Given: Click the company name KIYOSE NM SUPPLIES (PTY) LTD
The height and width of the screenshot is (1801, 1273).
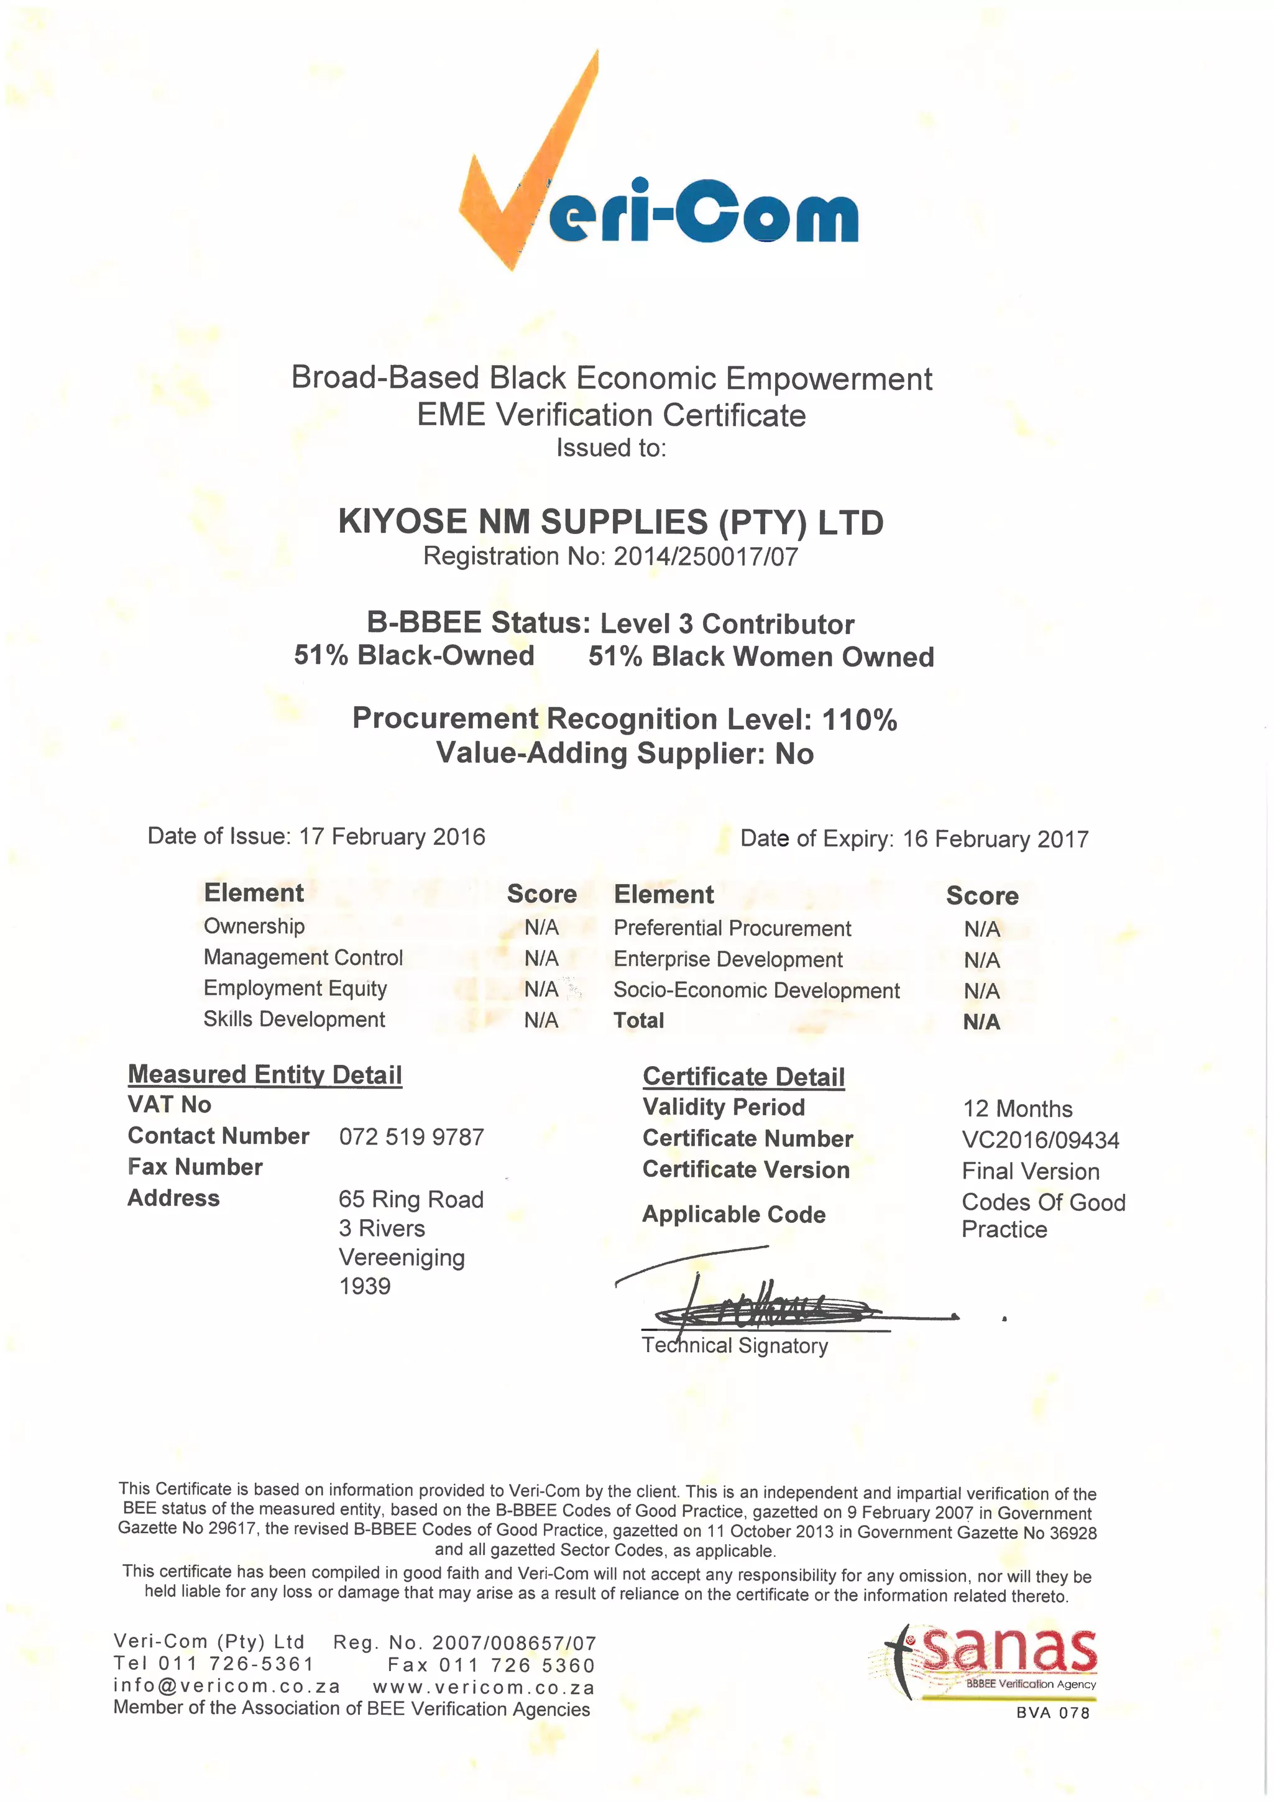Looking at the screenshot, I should point(610,522).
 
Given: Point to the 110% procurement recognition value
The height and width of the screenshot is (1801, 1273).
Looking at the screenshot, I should point(860,719).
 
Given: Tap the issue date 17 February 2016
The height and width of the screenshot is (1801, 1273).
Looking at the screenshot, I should point(392,836).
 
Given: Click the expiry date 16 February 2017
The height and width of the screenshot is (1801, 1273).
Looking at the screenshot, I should point(995,839).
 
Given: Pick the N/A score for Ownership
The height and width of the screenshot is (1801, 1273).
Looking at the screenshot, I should point(541,927).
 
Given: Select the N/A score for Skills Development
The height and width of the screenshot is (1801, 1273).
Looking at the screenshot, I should point(541,1020).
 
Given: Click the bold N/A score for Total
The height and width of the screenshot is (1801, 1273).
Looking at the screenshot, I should point(981,1022).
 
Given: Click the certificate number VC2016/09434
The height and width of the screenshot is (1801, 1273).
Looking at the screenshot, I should point(1040,1140).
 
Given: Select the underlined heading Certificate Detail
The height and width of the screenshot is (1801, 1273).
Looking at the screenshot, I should point(743,1076).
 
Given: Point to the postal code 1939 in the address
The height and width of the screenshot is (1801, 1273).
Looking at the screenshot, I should point(365,1286).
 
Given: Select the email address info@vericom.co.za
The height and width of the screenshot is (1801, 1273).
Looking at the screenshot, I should point(227,1686).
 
